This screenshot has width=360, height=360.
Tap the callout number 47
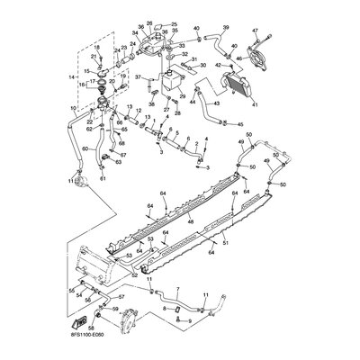pyautogui.click(x=267, y=33)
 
